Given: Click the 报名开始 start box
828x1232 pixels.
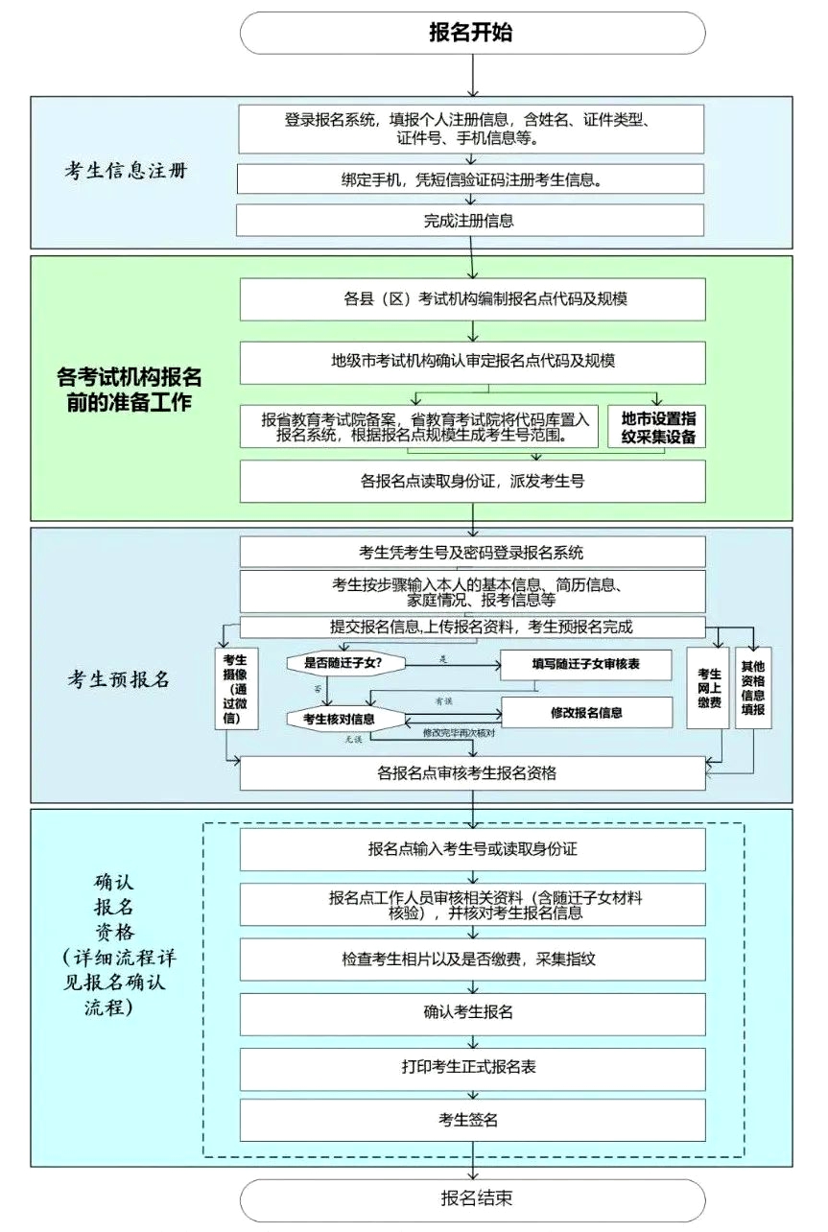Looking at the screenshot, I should [471, 33].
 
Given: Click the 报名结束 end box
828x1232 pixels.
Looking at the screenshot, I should [471, 1198].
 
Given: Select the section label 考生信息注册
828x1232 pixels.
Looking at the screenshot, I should [126, 172].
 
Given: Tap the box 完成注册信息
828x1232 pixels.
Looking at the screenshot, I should [471, 221].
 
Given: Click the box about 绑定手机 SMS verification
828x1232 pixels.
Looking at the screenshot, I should [471, 178].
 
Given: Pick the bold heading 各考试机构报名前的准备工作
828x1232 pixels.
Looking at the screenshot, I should [130, 388].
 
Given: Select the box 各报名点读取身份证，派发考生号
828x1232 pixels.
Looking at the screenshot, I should [471, 482].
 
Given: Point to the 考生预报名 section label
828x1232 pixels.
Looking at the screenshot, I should [119, 679].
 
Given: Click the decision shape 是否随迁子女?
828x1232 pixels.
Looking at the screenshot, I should [343, 662].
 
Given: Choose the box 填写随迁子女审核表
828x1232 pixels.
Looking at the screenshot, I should [585, 664].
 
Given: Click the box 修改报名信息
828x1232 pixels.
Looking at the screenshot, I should [585, 713].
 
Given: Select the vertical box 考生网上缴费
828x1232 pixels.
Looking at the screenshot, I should [709, 687].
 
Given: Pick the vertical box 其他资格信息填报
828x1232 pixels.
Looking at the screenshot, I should [753, 687].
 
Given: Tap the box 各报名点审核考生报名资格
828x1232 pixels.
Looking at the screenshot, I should [471, 773].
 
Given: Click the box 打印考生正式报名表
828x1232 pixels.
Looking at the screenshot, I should [471, 1067].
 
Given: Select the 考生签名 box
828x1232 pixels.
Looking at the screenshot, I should [471, 1120].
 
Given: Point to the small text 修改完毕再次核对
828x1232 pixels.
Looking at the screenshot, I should [458, 734].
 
